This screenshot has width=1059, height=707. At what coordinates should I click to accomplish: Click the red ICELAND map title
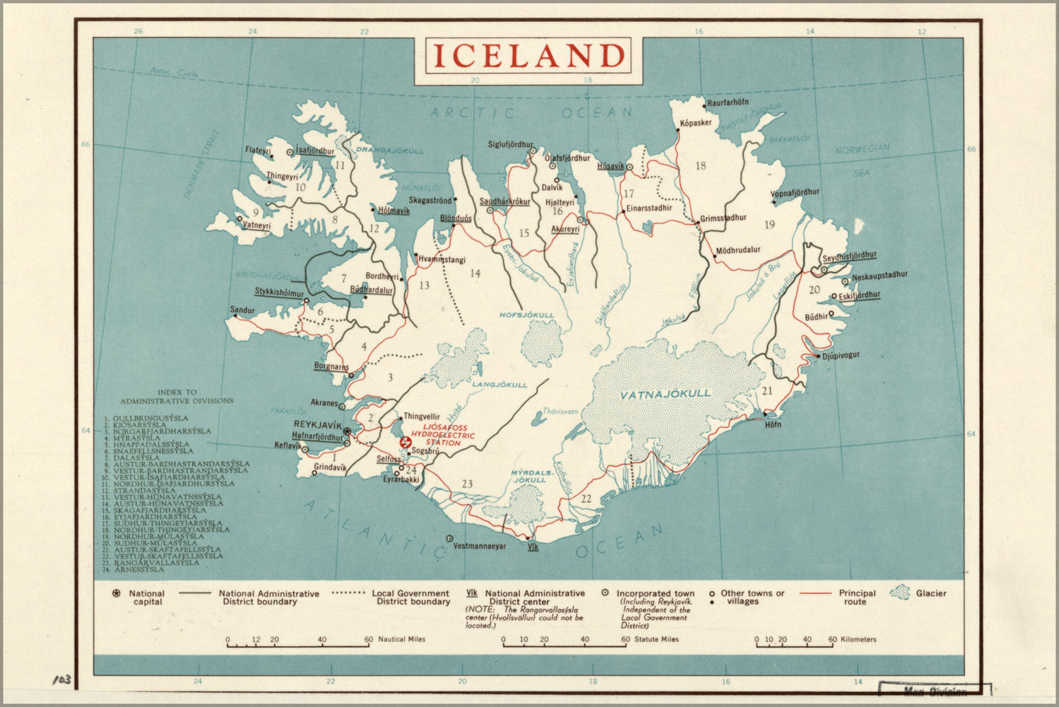point(528,56)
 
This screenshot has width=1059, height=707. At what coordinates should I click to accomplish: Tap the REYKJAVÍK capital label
point(317,425)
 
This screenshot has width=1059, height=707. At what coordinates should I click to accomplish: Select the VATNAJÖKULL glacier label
point(665,395)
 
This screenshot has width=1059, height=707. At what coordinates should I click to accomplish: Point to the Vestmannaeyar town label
point(479,547)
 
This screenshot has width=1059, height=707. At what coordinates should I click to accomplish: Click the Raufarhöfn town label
point(728,103)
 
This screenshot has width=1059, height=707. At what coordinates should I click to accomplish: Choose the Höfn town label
point(773,425)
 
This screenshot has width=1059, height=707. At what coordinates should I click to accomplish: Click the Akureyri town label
point(564,229)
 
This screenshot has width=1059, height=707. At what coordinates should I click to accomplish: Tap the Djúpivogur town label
point(841,356)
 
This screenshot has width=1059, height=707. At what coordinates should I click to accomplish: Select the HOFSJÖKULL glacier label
point(526,315)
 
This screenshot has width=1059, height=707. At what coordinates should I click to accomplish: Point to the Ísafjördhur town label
point(314,151)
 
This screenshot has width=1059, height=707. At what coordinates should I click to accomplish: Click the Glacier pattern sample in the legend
point(900,592)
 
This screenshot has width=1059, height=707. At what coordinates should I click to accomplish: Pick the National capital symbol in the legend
point(116,593)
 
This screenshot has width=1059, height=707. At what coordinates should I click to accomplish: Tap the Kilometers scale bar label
point(858,639)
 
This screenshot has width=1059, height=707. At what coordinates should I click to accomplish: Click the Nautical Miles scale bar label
point(401,639)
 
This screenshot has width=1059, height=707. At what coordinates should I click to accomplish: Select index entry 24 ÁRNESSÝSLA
point(134,569)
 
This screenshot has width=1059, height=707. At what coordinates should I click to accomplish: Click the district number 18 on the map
point(700,166)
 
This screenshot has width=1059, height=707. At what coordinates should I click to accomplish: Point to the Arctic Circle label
point(174,71)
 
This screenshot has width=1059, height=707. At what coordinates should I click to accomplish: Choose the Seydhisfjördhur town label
point(849,256)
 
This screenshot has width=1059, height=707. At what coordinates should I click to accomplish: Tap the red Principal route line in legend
point(816,593)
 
